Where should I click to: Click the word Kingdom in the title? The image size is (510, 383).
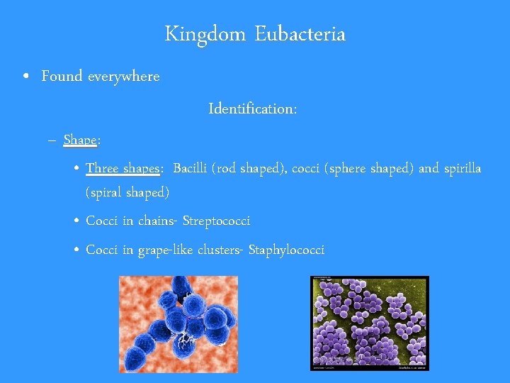click(x=206, y=34)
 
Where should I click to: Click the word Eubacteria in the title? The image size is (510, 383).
click(x=300, y=34)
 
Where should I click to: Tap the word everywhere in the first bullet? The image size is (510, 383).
click(x=123, y=76)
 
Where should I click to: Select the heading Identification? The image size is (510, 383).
click(x=253, y=109)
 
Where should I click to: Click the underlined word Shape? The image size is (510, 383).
click(x=79, y=140)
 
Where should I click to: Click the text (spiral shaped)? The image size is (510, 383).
click(x=127, y=192)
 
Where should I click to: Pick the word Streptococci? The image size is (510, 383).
click(x=216, y=221)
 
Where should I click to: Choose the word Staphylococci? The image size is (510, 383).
click(x=286, y=250)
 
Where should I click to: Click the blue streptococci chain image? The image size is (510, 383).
click(x=178, y=323)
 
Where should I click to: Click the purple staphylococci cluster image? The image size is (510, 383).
click(x=370, y=323)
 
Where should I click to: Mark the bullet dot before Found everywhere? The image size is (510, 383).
click(x=25, y=77)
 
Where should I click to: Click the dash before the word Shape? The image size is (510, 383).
click(x=53, y=140)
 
